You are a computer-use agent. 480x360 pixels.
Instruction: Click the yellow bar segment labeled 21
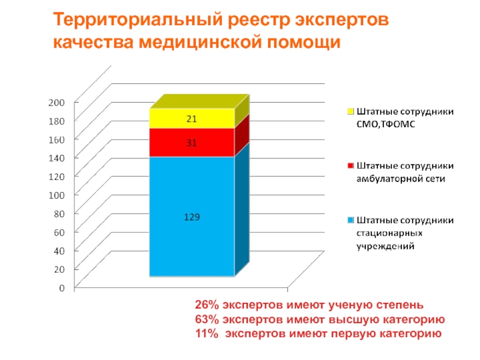[x=191, y=119]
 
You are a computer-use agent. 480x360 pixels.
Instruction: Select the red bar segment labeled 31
[x=191, y=143]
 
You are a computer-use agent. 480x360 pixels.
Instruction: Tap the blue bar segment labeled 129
[x=191, y=217]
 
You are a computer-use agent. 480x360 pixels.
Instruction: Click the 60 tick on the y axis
[x=58, y=232]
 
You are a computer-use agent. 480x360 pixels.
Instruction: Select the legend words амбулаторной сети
[x=401, y=178]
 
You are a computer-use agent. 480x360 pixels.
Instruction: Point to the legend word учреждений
[x=385, y=245]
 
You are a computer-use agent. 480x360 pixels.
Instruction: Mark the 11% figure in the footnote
[x=205, y=334]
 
